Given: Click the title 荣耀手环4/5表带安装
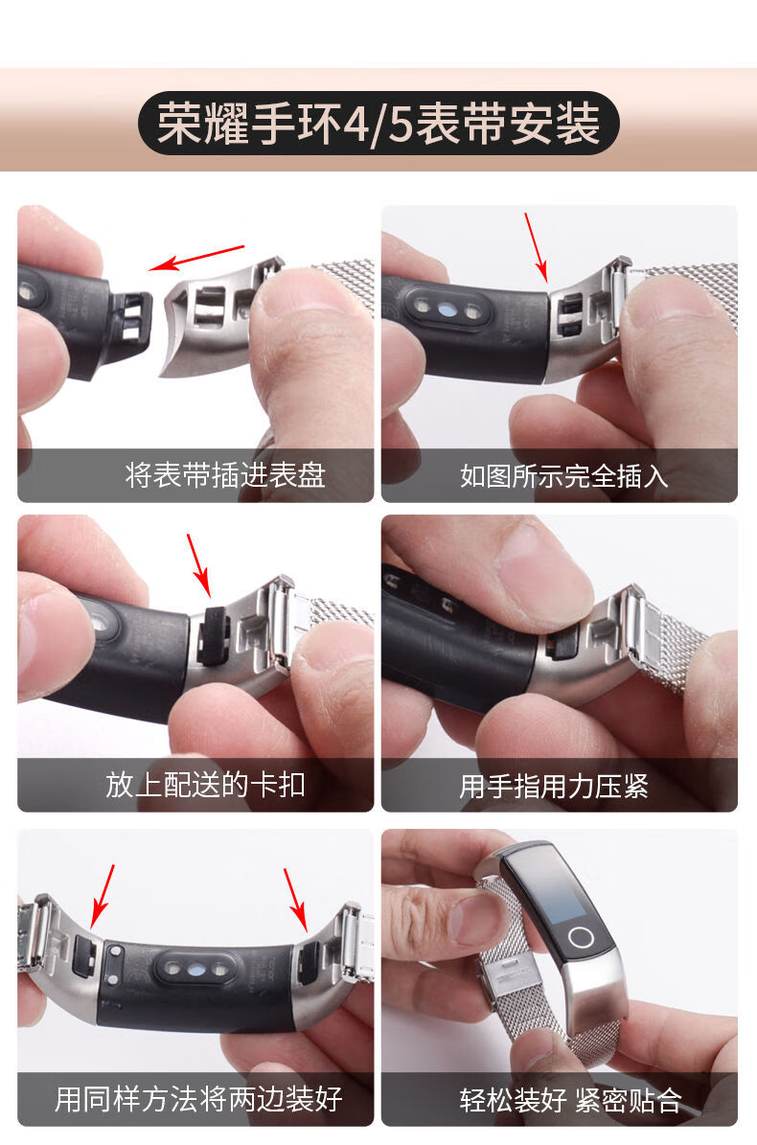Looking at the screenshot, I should click(378, 124).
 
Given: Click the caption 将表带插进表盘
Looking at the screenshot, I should click(225, 474).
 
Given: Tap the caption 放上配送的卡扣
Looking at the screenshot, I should click(205, 786).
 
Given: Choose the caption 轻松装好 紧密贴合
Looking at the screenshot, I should click(570, 1100).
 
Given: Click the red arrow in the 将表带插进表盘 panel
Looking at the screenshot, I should click(200, 258).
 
